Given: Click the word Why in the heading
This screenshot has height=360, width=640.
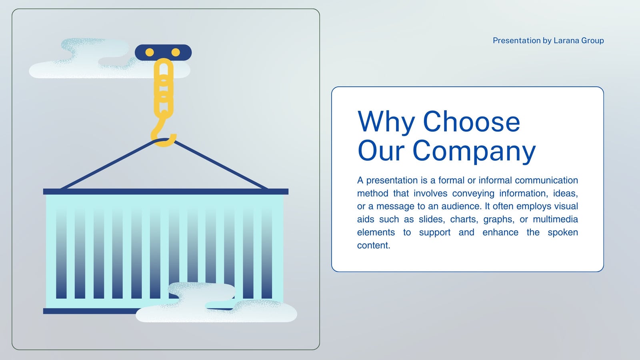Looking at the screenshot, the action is point(386,122).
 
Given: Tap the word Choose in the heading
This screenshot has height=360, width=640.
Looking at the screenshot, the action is point(472,122).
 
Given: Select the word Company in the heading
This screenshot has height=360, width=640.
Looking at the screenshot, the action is point(474,152).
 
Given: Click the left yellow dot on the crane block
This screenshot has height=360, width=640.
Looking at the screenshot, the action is point(150,52).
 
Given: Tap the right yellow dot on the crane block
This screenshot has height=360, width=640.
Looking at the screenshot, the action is point(176,52).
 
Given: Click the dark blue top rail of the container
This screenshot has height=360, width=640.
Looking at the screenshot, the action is point(166,192).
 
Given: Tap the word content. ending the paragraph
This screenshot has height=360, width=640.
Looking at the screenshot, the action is point(374,245).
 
